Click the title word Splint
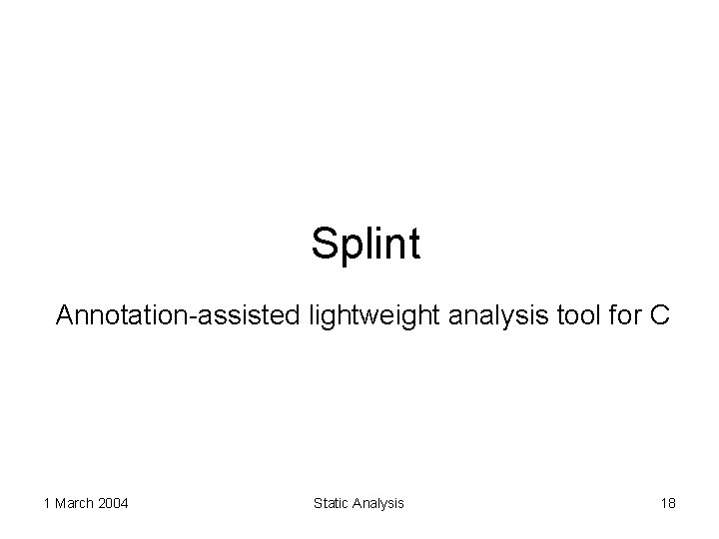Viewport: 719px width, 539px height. click(365, 244)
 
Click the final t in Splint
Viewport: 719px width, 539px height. click(414, 244)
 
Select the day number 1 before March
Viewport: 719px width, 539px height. click(47, 503)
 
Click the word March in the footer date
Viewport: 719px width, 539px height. click(74, 503)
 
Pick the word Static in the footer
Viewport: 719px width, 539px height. click(331, 503)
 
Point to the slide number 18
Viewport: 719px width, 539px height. click(668, 503)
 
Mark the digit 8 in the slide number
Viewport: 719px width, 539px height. click(672, 503)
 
